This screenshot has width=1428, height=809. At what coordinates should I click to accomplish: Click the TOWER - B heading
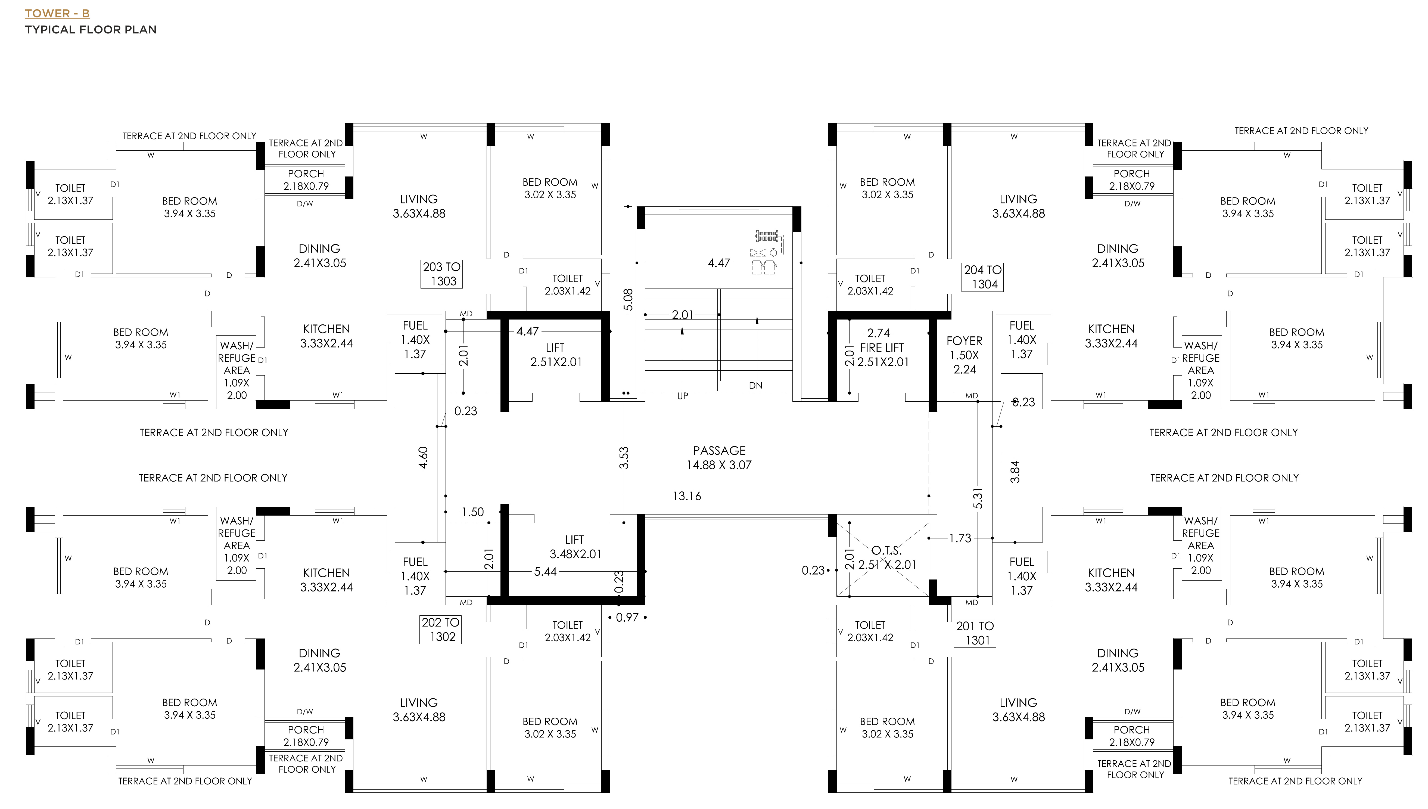click(x=57, y=13)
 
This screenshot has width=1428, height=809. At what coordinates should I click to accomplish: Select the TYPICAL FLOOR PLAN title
click(x=91, y=29)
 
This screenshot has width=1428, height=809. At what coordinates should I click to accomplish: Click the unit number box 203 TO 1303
click(x=441, y=274)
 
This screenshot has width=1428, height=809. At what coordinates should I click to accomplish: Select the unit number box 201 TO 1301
click(x=975, y=633)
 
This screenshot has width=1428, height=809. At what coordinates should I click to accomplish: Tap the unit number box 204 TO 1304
click(x=982, y=277)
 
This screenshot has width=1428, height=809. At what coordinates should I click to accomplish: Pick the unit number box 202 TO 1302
click(x=440, y=630)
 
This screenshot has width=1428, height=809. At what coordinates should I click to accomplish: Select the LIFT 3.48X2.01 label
click(x=575, y=547)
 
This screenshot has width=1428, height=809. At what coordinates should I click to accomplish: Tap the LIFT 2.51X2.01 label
click(x=555, y=355)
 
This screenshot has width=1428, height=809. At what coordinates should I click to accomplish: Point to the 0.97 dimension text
click(x=627, y=617)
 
